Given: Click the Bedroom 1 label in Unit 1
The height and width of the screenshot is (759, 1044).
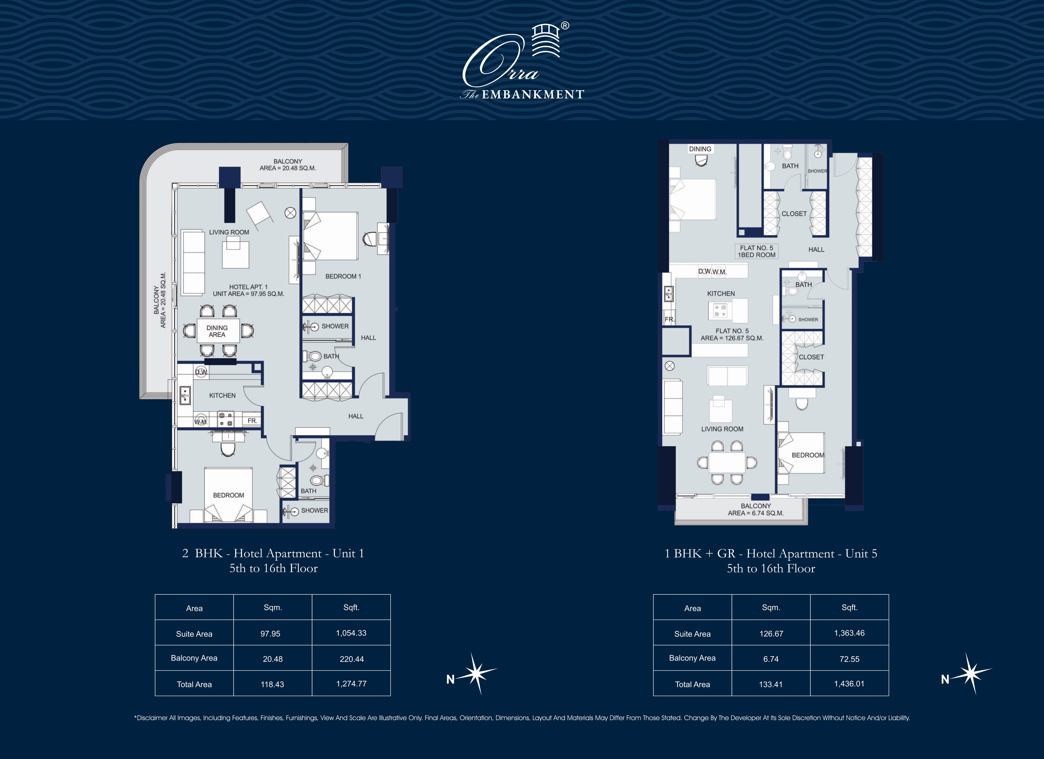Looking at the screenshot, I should [343, 276].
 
